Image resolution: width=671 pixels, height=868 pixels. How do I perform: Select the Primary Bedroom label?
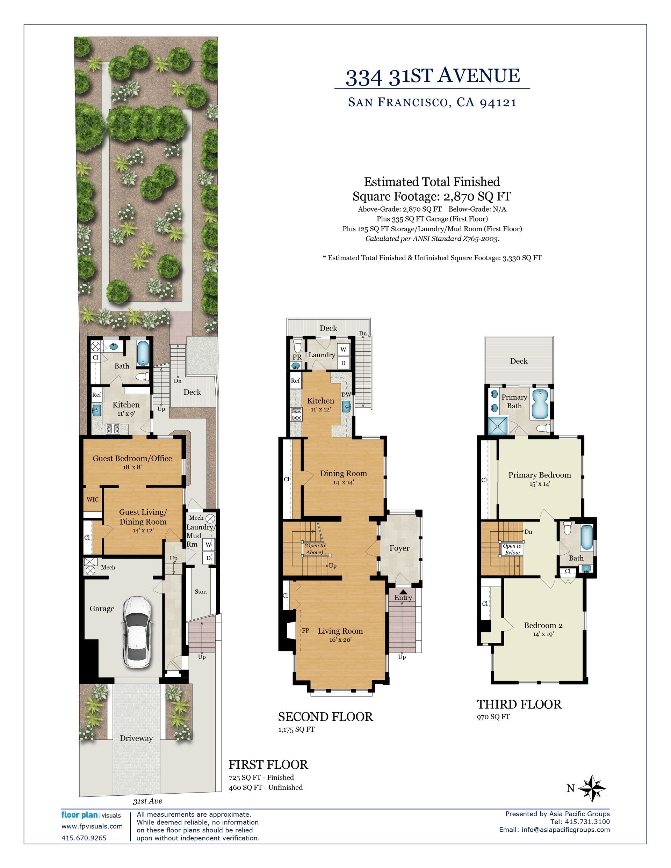tap(539, 475)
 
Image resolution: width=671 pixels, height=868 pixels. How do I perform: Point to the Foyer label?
tap(399, 548)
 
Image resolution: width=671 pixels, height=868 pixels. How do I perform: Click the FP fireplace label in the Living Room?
tap(305, 630)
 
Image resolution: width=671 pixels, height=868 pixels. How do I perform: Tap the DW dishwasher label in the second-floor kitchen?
tap(346, 394)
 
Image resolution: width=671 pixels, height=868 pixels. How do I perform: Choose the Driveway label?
tap(136, 738)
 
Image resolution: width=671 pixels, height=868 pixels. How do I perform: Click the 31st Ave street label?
tap(147, 801)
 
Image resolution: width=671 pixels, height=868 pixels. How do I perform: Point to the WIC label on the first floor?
tap(93, 499)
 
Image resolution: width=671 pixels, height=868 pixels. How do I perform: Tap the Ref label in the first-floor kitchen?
tap(97, 395)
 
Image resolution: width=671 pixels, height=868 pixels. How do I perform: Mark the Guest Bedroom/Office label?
tap(132, 458)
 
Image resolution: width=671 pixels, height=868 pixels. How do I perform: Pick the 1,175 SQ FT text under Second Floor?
tap(296, 729)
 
